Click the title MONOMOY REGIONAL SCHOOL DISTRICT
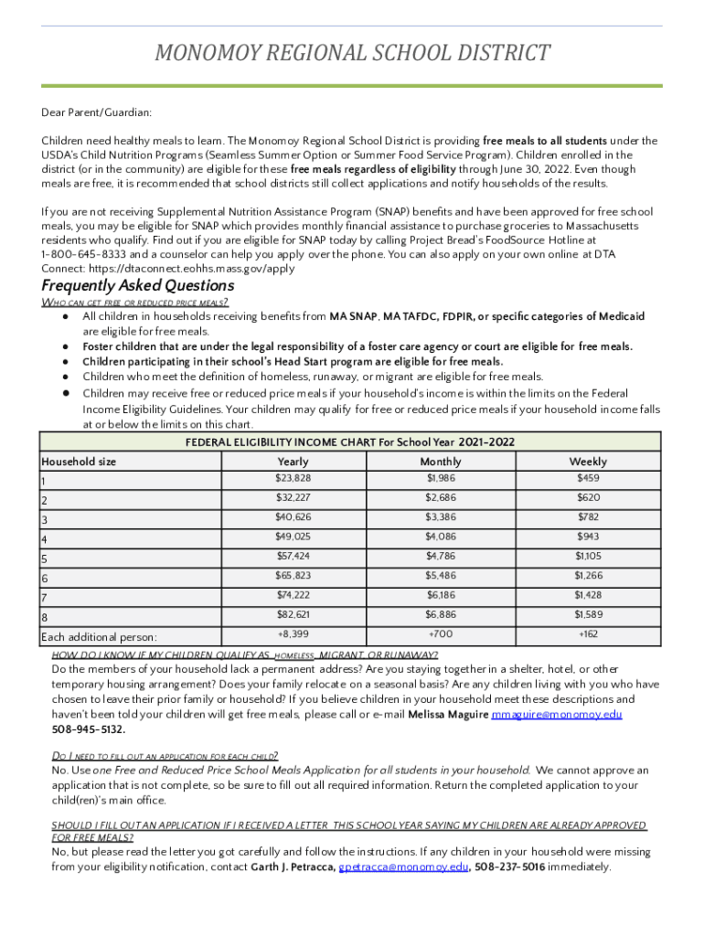click(352, 53)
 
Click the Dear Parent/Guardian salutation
click(96, 112)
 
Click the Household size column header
click(79, 462)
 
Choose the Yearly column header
click(293, 462)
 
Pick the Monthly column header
click(440, 462)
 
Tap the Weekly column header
click(587, 462)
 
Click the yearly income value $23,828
click(293, 478)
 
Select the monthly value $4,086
click(440, 537)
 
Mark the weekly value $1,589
click(587, 615)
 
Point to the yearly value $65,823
click(293, 576)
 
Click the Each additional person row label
click(99, 636)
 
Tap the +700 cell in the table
click(440, 633)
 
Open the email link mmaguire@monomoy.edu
click(557, 714)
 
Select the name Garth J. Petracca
click(293, 867)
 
